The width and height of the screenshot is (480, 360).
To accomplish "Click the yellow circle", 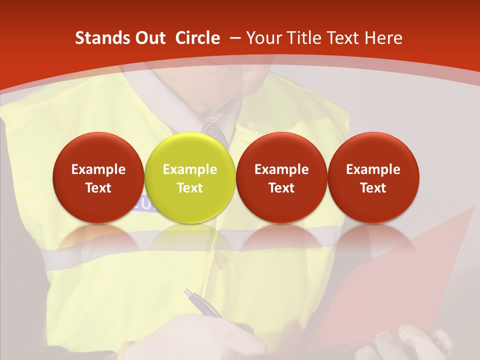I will (x=190, y=178).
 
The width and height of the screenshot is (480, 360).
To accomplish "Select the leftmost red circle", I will (x=98, y=178).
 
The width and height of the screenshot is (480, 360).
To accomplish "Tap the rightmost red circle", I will (x=373, y=178).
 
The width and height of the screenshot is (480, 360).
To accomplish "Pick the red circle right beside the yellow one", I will (x=281, y=178).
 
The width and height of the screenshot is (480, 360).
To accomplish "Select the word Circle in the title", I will (x=197, y=38).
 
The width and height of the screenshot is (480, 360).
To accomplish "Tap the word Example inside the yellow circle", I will (x=190, y=169).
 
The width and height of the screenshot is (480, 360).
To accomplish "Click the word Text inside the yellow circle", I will (x=190, y=188).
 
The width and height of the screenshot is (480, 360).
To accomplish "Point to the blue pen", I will (x=202, y=303).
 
